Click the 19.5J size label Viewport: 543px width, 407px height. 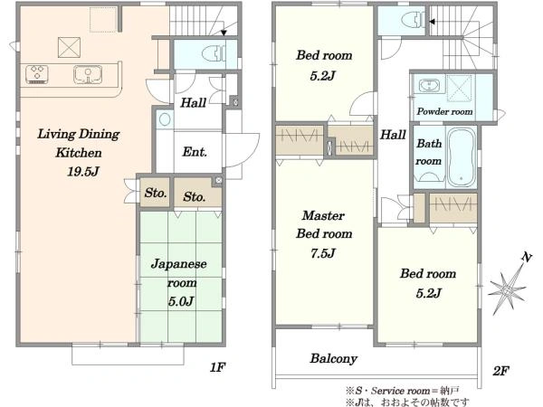[x=83, y=172]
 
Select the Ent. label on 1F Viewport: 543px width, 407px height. [x=195, y=152]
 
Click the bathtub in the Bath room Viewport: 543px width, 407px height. [x=461, y=157]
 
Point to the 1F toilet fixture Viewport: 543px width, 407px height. [x=213, y=54]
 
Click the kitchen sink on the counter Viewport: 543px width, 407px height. [x=88, y=75]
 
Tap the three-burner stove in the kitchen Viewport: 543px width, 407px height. [x=37, y=74]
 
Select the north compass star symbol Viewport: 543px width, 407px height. [x=507, y=290]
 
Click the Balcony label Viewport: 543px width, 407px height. [x=333, y=358]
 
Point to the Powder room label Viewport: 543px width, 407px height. [x=444, y=111]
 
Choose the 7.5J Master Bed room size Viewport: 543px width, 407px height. [x=323, y=253]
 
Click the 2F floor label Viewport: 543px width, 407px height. [x=500, y=372]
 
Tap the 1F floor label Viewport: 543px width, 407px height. [x=218, y=367]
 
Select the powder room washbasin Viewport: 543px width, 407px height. [x=429, y=85]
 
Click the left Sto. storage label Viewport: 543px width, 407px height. [x=156, y=193]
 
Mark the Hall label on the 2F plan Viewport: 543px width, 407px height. [x=393, y=134]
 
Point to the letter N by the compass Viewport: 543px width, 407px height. [x=527, y=257]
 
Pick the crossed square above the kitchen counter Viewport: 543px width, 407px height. [x=70, y=47]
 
